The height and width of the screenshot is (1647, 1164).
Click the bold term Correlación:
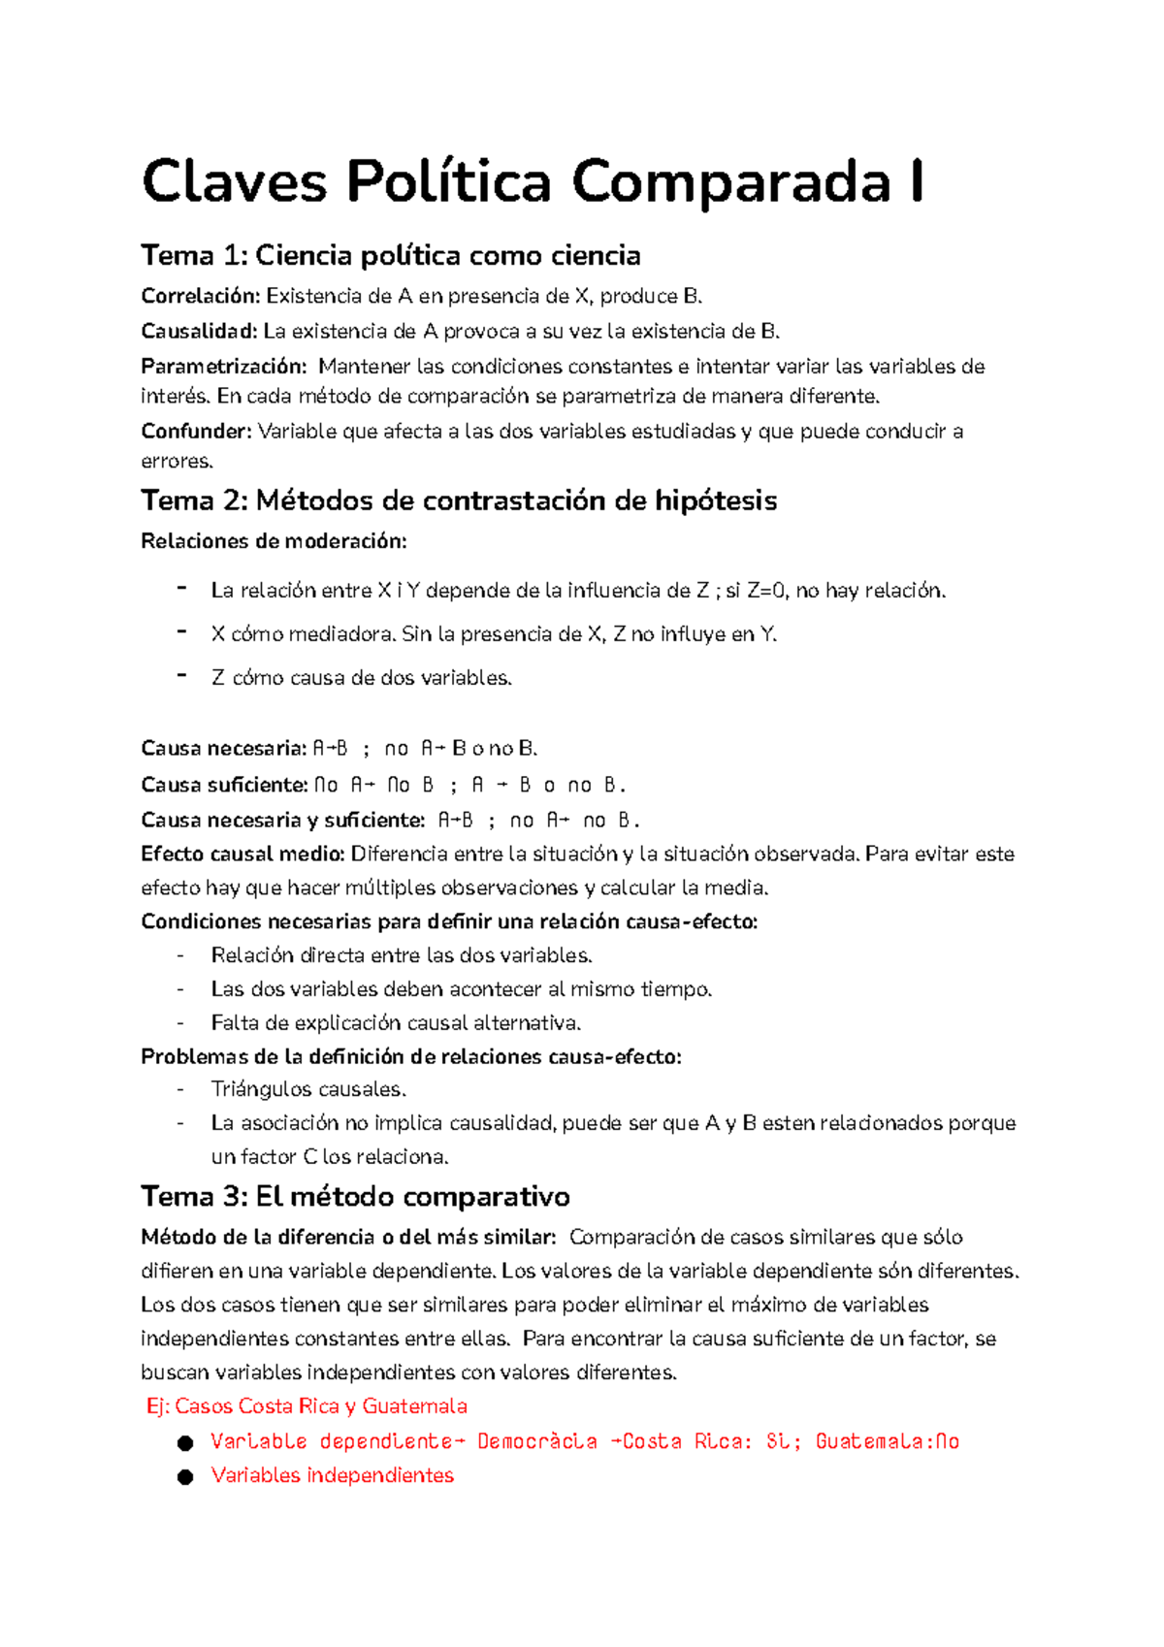click(201, 296)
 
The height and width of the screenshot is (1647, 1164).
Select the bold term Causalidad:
click(199, 332)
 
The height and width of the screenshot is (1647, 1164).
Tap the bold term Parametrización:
click(223, 367)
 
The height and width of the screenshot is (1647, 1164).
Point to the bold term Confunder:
click(196, 432)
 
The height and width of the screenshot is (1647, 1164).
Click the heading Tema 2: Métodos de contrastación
click(458, 501)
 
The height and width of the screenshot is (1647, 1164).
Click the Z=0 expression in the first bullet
click(765, 591)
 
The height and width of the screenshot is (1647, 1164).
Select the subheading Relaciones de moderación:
click(274, 541)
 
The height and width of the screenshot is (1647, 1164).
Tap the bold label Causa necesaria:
click(223, 749)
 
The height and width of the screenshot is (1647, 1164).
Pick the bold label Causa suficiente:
click(224, 785)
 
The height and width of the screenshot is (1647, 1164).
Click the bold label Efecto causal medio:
click(242, 855)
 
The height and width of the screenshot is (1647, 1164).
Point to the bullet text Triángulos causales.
click(308, 1089)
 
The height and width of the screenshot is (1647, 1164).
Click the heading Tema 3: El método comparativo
click(355, 1197)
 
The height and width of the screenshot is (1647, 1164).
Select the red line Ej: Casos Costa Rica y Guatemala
click(307, 1406)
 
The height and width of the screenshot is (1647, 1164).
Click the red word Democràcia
click(536, 1441)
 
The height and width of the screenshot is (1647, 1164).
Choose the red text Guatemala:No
click(887, 1441)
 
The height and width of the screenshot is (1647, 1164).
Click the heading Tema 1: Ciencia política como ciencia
click(390, 256)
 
